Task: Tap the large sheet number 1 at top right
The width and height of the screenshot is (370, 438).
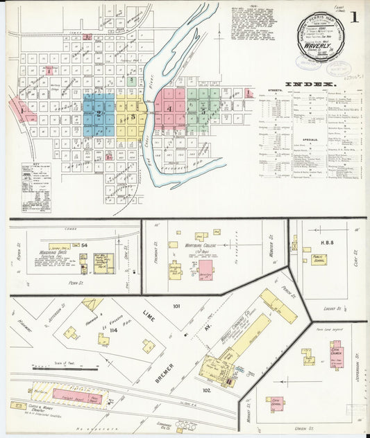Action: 354,17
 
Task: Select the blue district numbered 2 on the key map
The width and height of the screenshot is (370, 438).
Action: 99,113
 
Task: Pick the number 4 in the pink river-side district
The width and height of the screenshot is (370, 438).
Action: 169,108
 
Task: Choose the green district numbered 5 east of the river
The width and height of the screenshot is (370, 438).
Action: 203,110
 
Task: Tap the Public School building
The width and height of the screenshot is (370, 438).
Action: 319,259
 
